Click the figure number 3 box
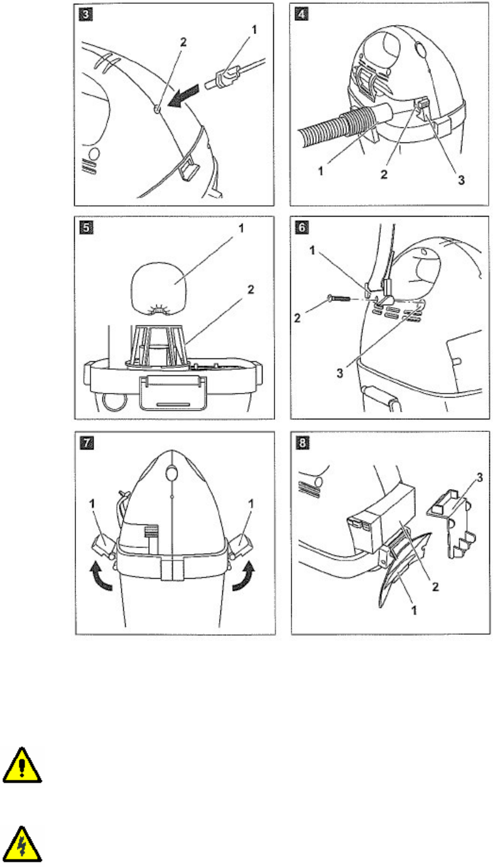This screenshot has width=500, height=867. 85,14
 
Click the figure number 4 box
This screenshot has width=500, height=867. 302,14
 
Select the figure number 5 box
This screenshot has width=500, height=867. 86,227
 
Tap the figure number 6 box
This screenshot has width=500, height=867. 302,227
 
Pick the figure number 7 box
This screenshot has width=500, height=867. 86,443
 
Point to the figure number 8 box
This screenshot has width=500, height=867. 303,443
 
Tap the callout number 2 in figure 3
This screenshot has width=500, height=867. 183,42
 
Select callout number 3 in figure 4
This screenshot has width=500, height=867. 461,180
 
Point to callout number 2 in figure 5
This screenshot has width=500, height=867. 251,289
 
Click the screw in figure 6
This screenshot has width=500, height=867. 339,298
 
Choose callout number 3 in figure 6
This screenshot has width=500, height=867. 340,373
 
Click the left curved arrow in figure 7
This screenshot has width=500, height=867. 101,577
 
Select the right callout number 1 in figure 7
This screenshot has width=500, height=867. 251,504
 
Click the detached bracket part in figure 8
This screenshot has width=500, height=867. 452,523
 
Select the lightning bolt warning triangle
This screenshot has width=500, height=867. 22,844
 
